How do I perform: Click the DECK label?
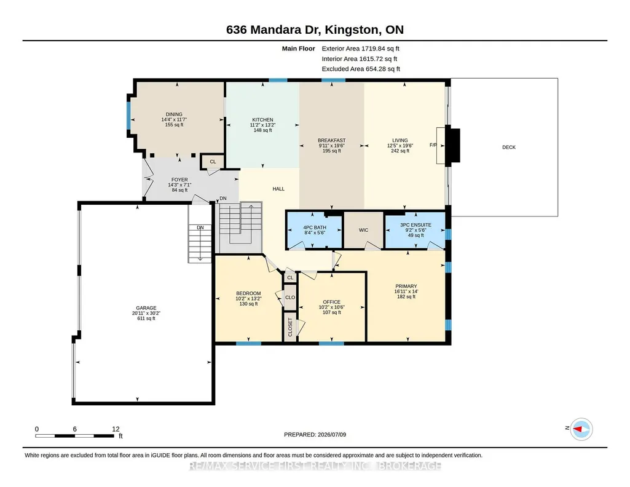[x=509, y=147]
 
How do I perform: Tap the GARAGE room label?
[x=146, y=308]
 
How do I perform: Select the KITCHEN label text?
[x=263, y=120]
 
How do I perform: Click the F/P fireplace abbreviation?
[x=433, y=145]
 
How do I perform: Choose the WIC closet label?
[x=363, y=230]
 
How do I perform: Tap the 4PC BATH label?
[x=315, y=228]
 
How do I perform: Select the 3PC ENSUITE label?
[x=415, y=225]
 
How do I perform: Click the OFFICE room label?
[x=331, y=302]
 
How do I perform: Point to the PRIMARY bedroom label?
[x=406, y=287]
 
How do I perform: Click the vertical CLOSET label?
[x=290, y=327]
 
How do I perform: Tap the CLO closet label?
[x=290, y=298]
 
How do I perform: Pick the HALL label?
[x=278, y=189]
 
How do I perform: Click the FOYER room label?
[x=179, y=180]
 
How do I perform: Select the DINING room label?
[x=174, y=114]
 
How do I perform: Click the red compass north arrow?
[x=577, y=429]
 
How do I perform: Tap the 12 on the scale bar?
[x=116, y=429]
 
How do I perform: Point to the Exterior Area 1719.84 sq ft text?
[x=360, y=49]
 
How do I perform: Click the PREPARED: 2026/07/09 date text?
[x=315, y=434]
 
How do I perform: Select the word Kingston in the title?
[x=352, y=30]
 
